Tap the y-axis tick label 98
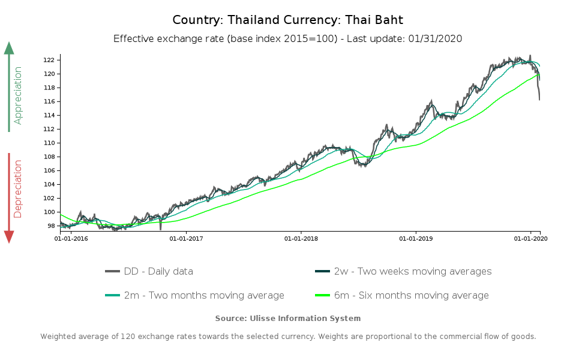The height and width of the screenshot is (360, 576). (51, 226)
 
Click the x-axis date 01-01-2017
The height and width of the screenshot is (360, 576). (186, 239)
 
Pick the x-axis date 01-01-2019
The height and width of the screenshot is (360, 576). (416, 239)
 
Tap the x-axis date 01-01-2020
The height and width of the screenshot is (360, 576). (531, 239)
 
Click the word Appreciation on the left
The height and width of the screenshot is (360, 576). (18, 95)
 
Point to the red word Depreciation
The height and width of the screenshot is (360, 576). (18, 188)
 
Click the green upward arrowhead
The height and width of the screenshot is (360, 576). (9, 48)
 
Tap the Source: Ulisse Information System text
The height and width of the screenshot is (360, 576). (288, 318)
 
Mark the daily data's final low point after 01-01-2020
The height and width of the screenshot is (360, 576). (539, 100)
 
